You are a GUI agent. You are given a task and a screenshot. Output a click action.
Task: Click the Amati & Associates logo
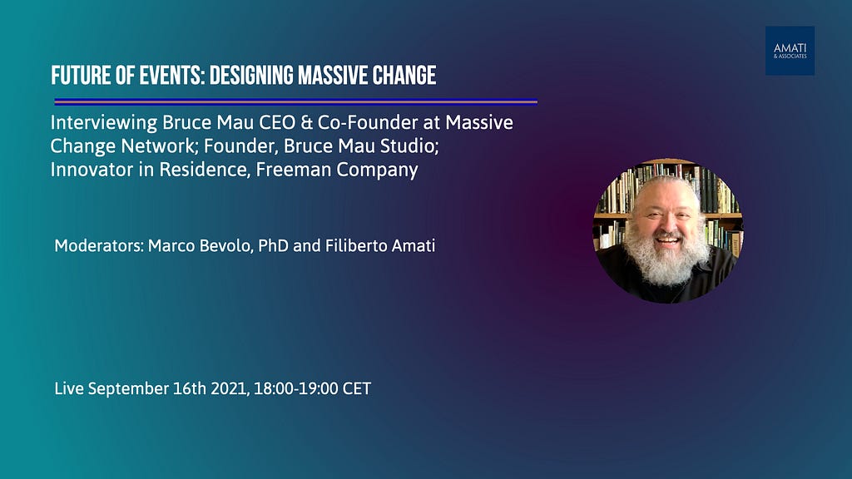[790, 51]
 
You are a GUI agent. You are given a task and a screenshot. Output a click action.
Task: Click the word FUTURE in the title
[80, 76]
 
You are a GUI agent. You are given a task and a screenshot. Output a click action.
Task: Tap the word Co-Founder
[367, 122]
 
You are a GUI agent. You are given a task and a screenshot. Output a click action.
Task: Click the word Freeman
[294, 170]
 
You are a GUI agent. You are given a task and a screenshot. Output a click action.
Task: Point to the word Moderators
[98, 245]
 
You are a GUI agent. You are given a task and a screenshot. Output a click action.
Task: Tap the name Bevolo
[225, 245]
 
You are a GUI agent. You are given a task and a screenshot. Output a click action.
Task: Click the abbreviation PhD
[273, 245]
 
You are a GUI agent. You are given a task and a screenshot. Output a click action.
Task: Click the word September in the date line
[128, 389]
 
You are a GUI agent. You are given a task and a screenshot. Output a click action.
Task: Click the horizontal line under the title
[295, 101]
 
